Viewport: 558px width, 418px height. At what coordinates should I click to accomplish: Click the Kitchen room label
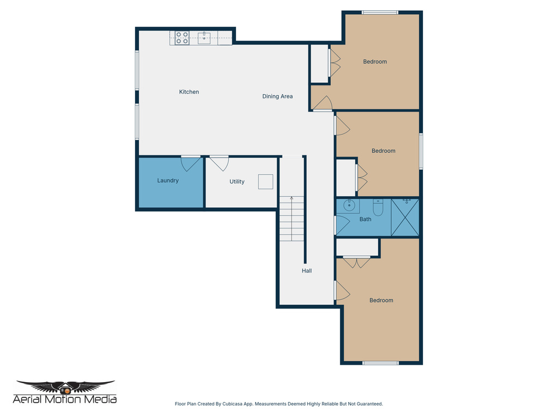189,92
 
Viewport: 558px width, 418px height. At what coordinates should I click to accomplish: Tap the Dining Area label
277,96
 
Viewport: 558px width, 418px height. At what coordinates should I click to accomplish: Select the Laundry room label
168,181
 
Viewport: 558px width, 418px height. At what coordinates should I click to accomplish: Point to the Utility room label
236,182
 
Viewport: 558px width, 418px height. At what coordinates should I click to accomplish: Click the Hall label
307,271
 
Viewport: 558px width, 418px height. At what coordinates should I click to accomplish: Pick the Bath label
365,219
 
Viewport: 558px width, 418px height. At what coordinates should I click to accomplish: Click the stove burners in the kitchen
182,38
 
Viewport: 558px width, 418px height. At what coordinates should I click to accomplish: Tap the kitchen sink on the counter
204,38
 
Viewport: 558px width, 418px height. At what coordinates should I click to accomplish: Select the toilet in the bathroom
378,207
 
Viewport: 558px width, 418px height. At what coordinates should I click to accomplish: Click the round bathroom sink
349,206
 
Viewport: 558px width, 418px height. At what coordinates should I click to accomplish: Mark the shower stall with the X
405,217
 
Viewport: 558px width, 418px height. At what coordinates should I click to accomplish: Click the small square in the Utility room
265,181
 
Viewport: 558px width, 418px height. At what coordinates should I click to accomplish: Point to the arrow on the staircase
292,199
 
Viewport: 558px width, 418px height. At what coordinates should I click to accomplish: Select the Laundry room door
190,162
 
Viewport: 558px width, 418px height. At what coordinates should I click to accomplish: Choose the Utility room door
219,162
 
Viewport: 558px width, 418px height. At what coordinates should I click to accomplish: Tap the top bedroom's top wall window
380,13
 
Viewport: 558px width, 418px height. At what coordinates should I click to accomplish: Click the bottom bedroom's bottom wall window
380,363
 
